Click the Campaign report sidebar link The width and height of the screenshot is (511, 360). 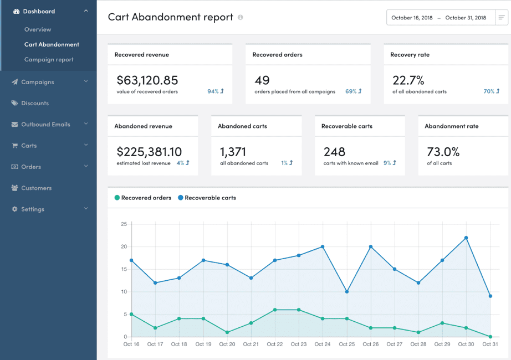click(x=49, y=59)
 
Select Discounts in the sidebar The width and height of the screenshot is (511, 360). click(x=35, y=103)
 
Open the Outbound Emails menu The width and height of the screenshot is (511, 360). click(x=45, y=124)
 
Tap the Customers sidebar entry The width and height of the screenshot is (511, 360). click(x=36, y=188)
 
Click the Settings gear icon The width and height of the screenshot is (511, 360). click(x=15, y=209)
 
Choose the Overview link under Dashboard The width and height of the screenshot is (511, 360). click(x=38, y=29)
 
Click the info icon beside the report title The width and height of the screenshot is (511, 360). click(x=241, y=17)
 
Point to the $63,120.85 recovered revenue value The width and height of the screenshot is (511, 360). click(x=147, y=80)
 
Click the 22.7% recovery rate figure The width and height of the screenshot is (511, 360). click(x=408, y=80)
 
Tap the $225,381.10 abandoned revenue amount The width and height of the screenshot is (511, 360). click(x=149, y=151)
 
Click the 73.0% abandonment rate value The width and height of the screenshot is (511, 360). click(x=443, y=151)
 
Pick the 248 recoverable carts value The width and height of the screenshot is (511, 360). click(x=334, y=151)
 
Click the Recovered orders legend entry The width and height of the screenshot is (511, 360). click(x=142, y=198)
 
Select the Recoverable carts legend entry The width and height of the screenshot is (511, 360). click(x=207, y=198)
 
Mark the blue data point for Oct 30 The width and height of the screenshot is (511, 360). click(x=467, y=238)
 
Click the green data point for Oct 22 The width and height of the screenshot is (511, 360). click(x=275, y=310)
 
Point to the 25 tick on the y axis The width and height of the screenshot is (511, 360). click(x=124, y=224)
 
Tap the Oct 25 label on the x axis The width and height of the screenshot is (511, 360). click(x=347, y=344)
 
